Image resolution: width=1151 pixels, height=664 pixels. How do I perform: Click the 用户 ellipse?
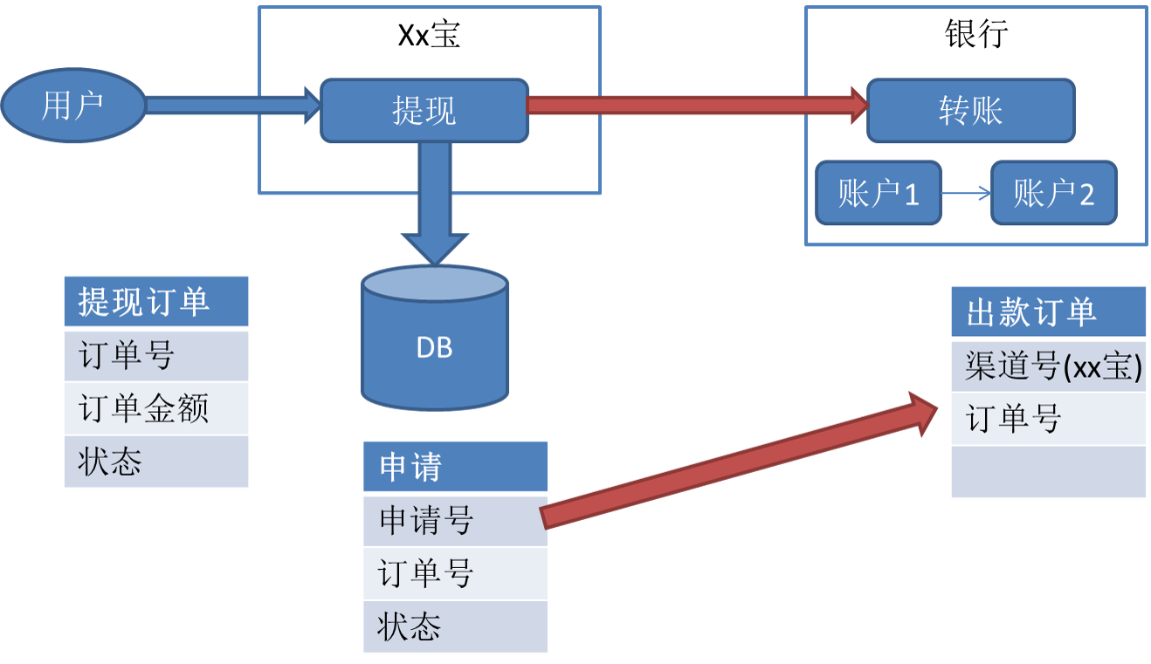pyautogui.click(x=72, y=106)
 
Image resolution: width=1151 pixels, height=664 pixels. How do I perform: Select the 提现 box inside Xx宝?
pyautogui.click(x=424, y=111)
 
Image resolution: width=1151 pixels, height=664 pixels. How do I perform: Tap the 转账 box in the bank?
pyautogui.click(x=970, y=111)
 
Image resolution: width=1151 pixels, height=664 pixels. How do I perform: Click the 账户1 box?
pyautogui.click(x=879, y=193)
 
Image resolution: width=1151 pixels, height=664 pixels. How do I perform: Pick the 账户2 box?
pyautogui.click(x=1054, y=193)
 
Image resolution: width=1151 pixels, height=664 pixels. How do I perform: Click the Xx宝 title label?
pyautogui.click(x=429, y=35)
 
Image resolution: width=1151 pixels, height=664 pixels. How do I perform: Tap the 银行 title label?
pyautogui.click(x=976, y=35)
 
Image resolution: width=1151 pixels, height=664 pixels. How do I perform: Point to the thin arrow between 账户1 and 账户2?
pyautogui.click(x=966, y=194)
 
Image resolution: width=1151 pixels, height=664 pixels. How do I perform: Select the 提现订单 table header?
pyautogui.click(x=156, y=302)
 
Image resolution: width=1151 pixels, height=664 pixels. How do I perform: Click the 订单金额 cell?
pyautogui.click(x=156, y=408)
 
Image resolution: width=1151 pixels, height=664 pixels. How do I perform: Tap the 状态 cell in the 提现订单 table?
pyautogui.click(x=156, y=462)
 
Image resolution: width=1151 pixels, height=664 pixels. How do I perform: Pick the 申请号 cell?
pyautogui.click(x=454, y=520)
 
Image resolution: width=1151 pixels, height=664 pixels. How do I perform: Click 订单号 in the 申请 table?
pyautogui.click(x=454, y=573)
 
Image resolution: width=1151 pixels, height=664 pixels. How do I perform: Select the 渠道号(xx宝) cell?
pyautogui.click(x=1048, y=366)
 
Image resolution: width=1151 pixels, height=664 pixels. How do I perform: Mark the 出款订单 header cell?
pyautogui.click(x=1048, y=312)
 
